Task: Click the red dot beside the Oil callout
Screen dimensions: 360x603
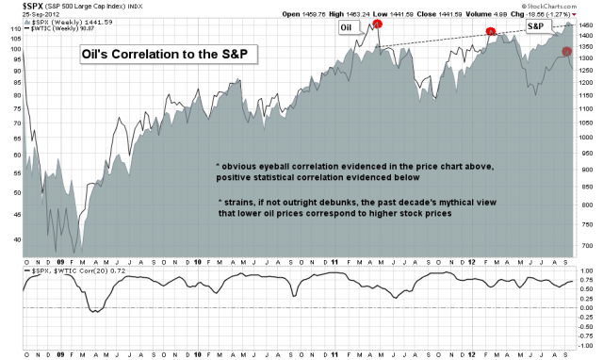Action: point(377,25)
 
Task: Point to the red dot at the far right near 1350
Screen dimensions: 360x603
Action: point(566,51)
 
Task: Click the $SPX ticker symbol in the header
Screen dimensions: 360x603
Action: point(16,5)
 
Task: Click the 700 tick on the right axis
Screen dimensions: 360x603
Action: point(585,245)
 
